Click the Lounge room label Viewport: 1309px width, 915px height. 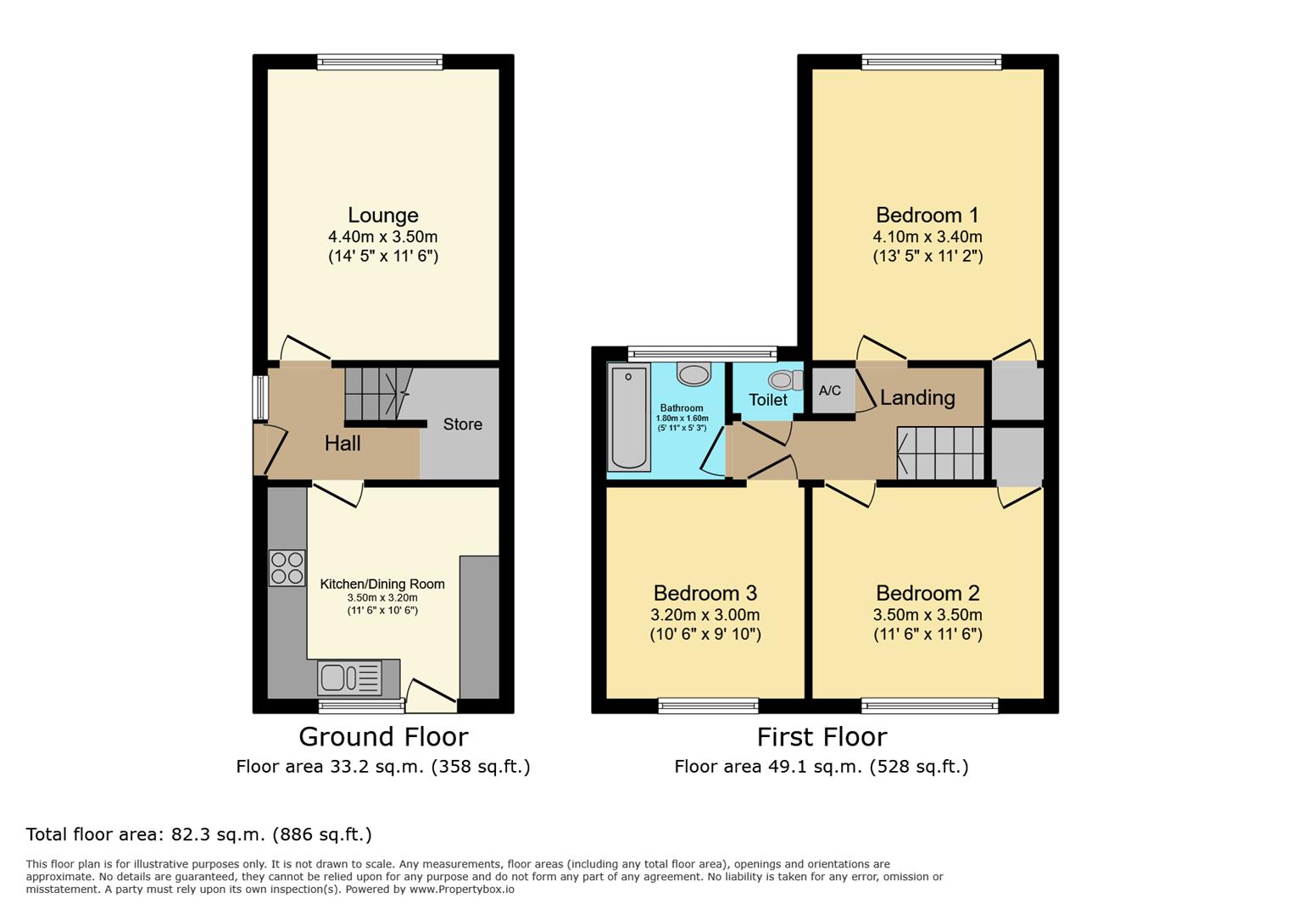(x=383, y=215)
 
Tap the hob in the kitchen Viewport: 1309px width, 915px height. (x=287, y=568)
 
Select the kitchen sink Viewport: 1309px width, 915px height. (x=350, y=678)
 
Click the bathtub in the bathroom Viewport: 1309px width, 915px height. (x=629, y=417)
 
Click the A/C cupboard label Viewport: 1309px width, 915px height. (x=830, y=390)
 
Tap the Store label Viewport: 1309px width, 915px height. (x=462, y=424)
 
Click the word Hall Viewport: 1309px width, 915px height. (x=343, y=443)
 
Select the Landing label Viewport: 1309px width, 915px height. (x=917, y=397)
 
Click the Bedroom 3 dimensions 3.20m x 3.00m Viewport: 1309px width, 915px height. (x=705, y=614)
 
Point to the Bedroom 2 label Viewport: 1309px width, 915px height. (x=927, y=593)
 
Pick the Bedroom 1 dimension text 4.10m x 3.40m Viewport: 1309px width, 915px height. (x=927, y=236)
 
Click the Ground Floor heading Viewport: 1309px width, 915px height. (x=383, y=737)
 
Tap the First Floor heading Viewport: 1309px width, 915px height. (x=822, y=737)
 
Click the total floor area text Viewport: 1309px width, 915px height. (x=198, y=835)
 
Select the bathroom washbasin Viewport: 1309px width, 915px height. (x=693, y=374)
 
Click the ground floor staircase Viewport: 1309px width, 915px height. (x=378, y=393)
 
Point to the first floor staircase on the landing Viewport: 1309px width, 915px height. (x=940, y=453)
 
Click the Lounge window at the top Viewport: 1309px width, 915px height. (x=380, y=62)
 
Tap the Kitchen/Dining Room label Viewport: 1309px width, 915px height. (x=382, y=584)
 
